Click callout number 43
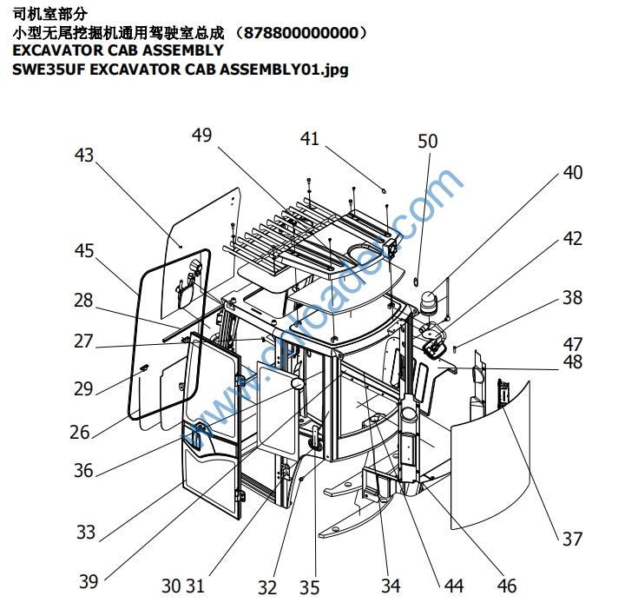[84, 156]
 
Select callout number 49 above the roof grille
[201, 136]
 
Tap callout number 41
[310, 138]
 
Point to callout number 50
[428, 141]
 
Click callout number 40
[572, 172]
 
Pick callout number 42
[572, 238]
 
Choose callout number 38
[572, 297]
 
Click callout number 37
[572, 539]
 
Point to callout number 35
[310, 587]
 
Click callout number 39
[89, 581]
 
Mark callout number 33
[85, 531]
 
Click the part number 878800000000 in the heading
[300, 33]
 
